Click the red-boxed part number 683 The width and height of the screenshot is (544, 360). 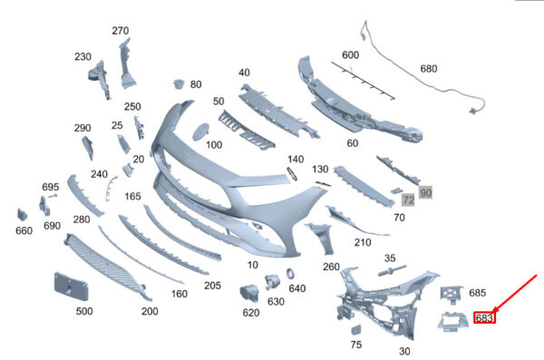(x=484, y=317)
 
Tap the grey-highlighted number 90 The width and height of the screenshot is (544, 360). (x=425, y=192)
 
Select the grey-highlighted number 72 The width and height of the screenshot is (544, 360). (x=408, y=199)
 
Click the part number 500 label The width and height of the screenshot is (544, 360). (x=84, y=311)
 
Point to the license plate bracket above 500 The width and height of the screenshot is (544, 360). (x=71, y=286)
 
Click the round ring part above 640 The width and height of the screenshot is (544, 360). (x=291, y=274)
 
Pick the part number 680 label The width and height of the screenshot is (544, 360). (x=429, y=69)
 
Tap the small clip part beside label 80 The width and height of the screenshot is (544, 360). (x=179, y=83)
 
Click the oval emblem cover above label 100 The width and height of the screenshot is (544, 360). (x=201, y=131)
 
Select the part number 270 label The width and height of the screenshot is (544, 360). (x=121, y=31)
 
